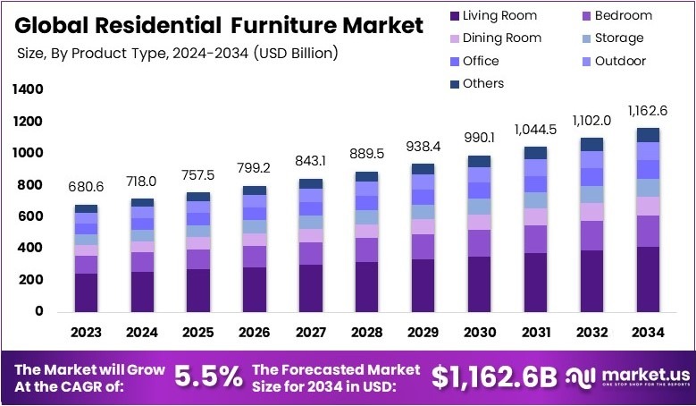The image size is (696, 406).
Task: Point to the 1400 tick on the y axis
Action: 28,89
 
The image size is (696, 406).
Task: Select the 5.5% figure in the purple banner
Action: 209,377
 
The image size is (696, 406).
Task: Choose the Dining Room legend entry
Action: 498,38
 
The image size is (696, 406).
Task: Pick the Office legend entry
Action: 482,61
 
